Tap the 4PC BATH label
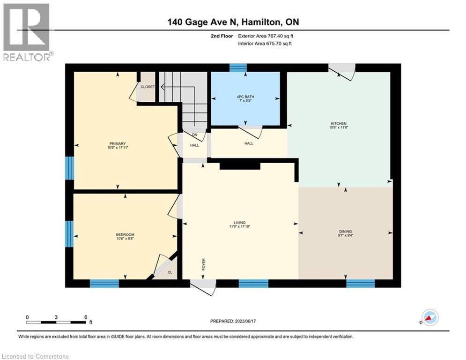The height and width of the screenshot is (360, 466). point(245,97)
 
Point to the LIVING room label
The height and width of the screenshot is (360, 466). point(240,223)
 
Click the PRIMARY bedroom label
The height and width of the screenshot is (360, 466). point(118,143)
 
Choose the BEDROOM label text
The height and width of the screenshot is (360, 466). point(125,235)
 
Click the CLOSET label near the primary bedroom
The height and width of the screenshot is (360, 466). point(148,87)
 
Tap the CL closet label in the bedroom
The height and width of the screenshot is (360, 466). point(170,272)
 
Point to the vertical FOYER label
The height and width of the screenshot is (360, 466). point(204,265)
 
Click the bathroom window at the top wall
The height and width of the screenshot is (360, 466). point(238,68)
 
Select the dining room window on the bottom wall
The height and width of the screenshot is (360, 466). point(360,283)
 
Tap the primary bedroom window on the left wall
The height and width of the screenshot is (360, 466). point(70,168)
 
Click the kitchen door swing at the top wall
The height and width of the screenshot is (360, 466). point(342,71)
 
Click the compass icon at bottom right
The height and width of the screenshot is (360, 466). point(429,317)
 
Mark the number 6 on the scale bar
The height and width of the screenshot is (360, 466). point(85,317)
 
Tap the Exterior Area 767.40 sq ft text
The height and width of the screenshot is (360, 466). point(265,36)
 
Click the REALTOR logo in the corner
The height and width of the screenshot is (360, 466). point(27,32)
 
